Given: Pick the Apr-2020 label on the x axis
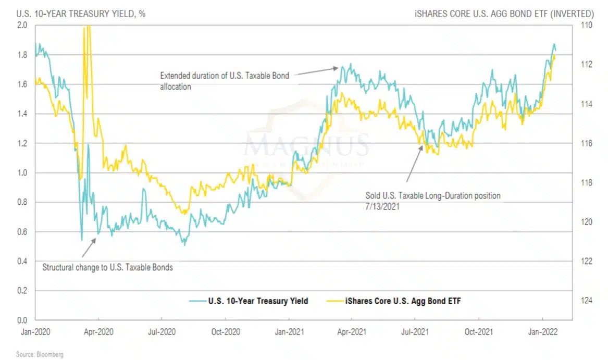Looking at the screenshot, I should click(98, 331).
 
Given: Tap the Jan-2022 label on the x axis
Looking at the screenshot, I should click(543, 331).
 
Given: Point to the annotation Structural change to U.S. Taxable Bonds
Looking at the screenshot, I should click(107, 267).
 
